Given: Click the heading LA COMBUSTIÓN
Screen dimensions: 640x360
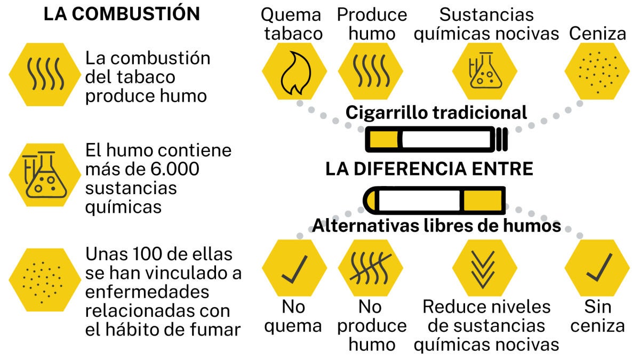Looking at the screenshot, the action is (122, 13).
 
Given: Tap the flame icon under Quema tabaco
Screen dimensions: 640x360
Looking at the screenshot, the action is (295, 73).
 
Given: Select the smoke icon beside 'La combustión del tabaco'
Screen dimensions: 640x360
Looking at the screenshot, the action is (45, 74).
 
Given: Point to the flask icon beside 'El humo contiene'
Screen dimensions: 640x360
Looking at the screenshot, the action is (45, 175).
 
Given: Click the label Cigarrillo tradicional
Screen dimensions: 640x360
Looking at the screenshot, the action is (436, 113).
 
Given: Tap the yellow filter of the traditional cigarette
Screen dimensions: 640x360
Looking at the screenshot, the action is (383, 140).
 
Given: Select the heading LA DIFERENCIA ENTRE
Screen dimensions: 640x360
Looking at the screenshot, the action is (429, 169).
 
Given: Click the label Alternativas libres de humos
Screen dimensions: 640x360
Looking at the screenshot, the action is (436, 226).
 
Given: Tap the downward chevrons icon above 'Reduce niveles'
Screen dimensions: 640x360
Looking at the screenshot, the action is (483, 270).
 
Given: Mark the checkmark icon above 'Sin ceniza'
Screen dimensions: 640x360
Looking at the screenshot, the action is (599, 267).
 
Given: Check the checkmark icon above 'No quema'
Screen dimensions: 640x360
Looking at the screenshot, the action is (294, 269).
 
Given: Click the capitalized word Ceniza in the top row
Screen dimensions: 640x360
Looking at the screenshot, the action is (597, 34).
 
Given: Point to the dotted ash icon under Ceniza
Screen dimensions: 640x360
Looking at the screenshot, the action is (598, 73).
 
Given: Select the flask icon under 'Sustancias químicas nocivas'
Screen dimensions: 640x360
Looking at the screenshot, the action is (485, 70).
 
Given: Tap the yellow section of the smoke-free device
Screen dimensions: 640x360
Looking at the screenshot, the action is (483, 201).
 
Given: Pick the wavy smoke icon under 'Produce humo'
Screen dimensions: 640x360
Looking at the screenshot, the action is (371, 71).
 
